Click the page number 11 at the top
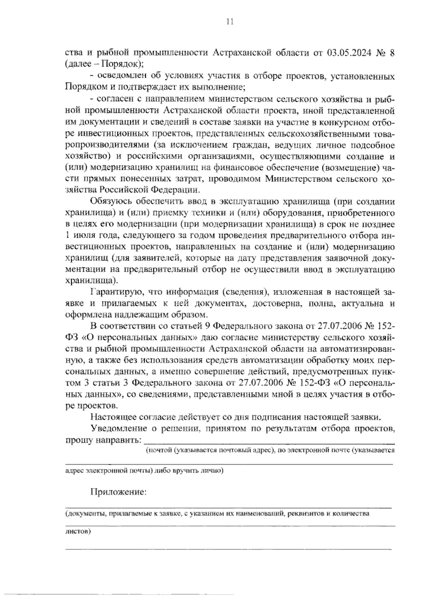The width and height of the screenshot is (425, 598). coord(230,22)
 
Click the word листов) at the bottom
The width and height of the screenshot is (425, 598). coord(78,532)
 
